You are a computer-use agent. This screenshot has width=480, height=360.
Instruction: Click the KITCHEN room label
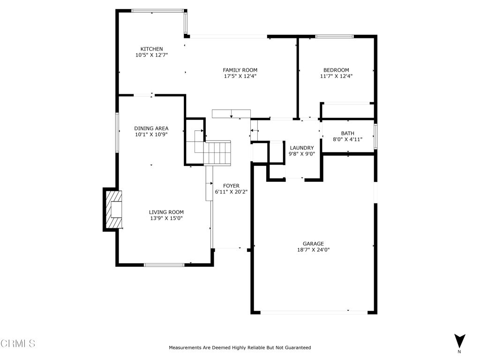pyautogui.click(x=151, y=49)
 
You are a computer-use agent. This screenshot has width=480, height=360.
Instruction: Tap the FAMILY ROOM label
pyautogui.click(x=240, y=70)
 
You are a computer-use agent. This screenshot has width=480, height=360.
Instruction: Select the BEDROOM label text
pyautogui.click(x=336, y=70)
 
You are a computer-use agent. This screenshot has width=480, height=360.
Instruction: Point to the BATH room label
pyautogui.click(x=347, y=133)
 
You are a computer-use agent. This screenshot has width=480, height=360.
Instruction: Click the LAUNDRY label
pyautogui.click(x=301, y=148)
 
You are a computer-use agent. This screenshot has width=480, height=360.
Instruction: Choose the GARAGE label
pyautogui.click(x=313, y=243)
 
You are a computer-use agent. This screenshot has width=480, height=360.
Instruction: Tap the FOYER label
pyautogui.click(x=231, y=186)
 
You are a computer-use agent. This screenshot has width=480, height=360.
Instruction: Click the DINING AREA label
pyautogui.click(x=151, y=128)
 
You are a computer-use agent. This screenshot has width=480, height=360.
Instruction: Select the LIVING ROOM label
pyautogui.click(x=166, y=212)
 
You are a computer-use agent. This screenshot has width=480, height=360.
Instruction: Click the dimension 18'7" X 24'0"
pyautogui.click(x=313, y=250)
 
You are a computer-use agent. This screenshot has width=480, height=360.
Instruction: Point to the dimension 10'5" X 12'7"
pyautogui.click(x=151, y=55)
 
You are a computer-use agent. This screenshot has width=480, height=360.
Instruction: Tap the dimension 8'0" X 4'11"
pyautogui.click(x=347, y=139)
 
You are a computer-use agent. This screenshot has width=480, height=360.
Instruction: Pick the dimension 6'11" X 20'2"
pyautogui.click(x=231, y=192)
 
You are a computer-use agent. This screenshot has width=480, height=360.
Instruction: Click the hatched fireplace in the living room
pyautogui.click(x=113, y=209)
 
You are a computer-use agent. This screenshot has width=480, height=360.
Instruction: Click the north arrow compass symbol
pyautogui.click(x=459, y=341)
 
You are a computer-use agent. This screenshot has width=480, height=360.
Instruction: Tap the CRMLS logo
pyautogui.click(x=18, y=344)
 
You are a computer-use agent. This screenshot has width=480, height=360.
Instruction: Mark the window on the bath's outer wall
pyautogui.click(x=375, y=136)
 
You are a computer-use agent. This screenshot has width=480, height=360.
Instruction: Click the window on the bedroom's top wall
pyautogui.click(x=334, y=36)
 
